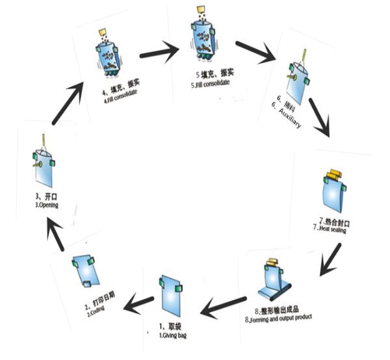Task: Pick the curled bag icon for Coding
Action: tap(84, 272)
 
